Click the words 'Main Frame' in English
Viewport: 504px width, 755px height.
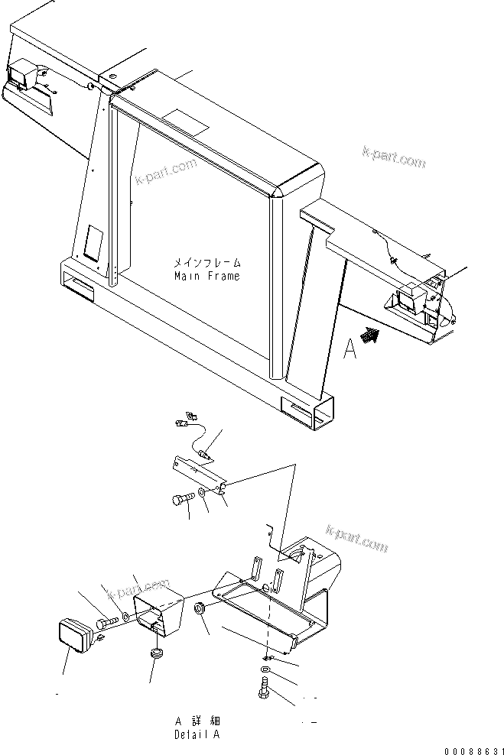(206, 276)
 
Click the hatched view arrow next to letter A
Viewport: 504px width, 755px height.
(372, 334)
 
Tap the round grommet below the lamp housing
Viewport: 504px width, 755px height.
(156, 654)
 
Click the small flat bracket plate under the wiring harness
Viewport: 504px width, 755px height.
(195, 473)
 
